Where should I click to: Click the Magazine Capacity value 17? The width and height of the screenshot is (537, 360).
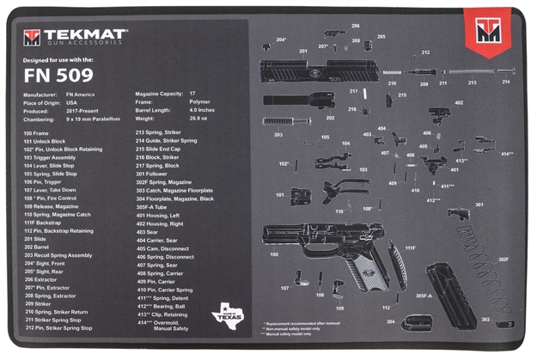tap(192, 93)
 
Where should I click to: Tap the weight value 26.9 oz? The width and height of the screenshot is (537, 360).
tap(199, 119)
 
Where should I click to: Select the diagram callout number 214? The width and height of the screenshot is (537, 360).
tap(506, 82)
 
